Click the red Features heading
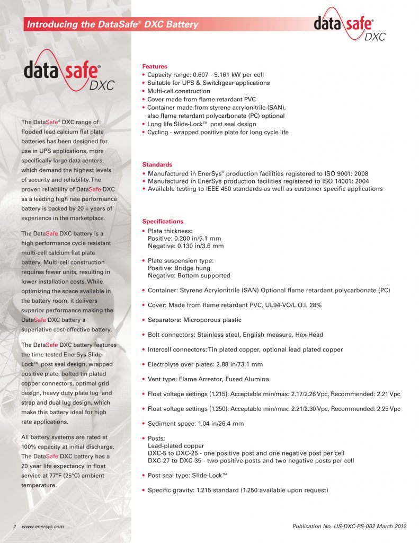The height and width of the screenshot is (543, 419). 155,66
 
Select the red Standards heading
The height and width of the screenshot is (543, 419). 157,165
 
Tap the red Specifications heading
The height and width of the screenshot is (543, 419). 163,221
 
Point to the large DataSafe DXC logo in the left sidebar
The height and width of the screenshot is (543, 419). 69,76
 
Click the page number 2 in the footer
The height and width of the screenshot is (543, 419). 15,526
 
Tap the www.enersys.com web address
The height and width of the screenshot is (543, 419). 43,526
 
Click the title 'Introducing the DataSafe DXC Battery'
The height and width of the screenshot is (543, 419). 112,24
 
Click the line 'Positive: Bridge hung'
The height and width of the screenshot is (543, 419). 181,268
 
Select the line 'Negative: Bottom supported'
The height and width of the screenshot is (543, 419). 189,275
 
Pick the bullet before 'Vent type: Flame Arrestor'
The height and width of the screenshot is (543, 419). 145,379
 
